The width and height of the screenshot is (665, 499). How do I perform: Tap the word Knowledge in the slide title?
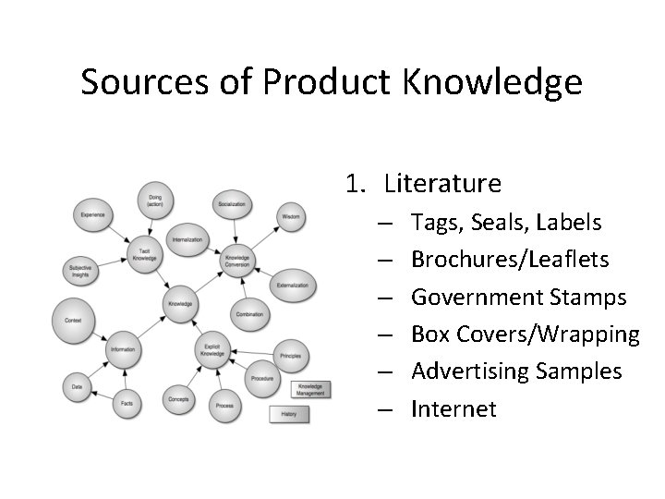(492, 82)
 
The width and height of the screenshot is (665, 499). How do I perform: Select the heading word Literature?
(442, 184)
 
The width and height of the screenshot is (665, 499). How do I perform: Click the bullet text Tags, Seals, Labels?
(506, 223)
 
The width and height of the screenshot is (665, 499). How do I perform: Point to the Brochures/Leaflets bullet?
(510, 260)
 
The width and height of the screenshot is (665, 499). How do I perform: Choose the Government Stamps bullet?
(518, 298)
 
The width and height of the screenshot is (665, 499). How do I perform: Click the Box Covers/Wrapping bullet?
(525, 335)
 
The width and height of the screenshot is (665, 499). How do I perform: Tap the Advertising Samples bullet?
(516, 371)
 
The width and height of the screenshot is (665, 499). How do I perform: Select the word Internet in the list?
(453, 408)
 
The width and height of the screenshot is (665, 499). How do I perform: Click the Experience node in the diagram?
(92, 215)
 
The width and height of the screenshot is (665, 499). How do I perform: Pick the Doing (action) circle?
(154, 200)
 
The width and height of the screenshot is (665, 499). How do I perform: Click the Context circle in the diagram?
(74, 321)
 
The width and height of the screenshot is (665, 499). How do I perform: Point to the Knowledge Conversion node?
(236, 262)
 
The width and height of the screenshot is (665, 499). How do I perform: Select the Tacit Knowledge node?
(144, 256)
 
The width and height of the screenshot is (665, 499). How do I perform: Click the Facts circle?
(127, 403)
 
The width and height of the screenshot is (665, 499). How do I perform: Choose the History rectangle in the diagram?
(288, 414)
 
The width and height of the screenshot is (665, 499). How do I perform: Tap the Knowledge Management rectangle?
(310, 389)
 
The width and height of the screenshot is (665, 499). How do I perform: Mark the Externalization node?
(293, 286)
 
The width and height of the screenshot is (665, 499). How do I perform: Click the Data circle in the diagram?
(78, 387)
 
